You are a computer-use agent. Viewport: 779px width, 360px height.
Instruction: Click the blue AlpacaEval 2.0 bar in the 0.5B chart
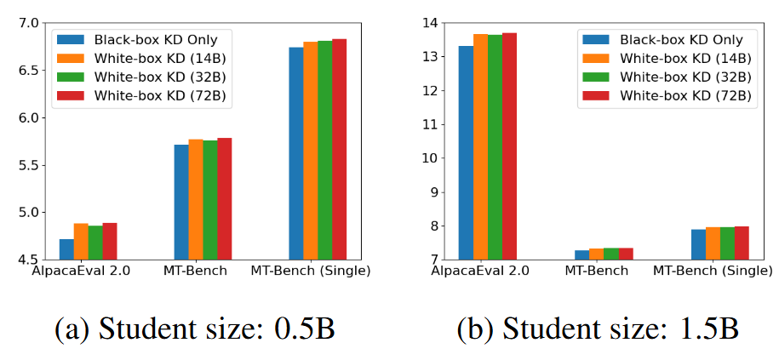click(66, 249)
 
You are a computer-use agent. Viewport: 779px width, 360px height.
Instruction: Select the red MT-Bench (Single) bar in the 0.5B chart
click(340, 149)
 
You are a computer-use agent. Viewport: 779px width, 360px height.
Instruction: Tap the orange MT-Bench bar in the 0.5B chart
click(196, 199)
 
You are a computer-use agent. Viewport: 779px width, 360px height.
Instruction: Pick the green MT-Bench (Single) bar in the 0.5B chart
click(325, 150)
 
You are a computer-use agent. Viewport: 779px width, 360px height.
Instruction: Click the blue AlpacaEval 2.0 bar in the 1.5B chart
click(466, 152)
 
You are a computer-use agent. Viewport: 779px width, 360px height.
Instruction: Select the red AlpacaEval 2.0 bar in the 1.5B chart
click(509, 146)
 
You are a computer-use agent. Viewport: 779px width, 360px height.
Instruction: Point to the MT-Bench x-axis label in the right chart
click(596, 271)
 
